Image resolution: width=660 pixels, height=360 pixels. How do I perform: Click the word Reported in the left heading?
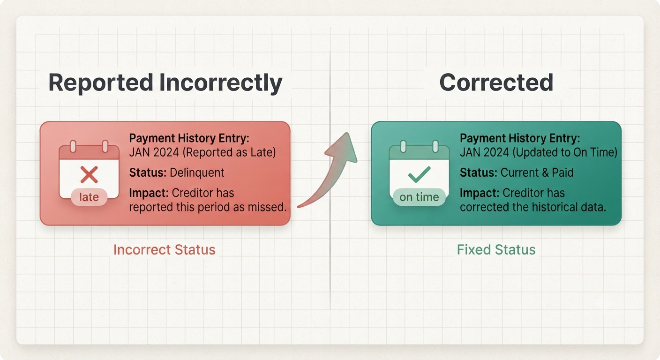101,83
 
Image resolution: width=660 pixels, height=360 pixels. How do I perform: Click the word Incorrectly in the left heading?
221,83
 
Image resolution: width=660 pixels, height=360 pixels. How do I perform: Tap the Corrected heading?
496,82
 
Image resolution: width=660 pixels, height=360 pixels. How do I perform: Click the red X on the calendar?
89,175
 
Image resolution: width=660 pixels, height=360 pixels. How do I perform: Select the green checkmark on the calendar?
419,174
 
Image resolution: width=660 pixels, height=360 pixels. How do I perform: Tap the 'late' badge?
89,197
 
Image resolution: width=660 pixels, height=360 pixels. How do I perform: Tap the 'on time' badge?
419,197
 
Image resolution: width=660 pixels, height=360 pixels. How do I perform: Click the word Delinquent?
197,172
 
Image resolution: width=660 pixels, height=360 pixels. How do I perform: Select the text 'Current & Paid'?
537,172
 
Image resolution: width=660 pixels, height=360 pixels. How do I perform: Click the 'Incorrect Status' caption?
165,250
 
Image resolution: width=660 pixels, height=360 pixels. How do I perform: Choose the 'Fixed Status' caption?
496,250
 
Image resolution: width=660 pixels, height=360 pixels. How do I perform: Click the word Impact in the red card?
149,193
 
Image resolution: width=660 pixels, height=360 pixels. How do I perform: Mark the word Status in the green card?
479,172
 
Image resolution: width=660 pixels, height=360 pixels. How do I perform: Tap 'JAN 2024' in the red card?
154,153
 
